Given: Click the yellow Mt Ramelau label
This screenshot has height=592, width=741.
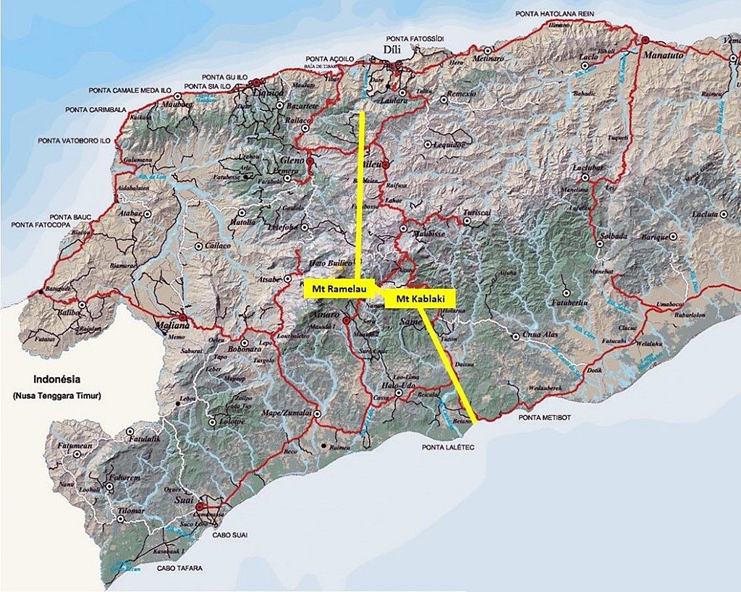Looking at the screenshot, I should click(337, 289).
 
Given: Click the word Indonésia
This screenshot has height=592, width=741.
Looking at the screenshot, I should click(57, 379).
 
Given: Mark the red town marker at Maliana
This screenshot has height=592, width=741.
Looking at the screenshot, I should click(182, 317).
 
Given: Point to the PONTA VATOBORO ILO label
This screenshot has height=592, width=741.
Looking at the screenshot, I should click(74, 140).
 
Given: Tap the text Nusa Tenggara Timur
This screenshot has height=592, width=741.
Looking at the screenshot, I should click(57, 396).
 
